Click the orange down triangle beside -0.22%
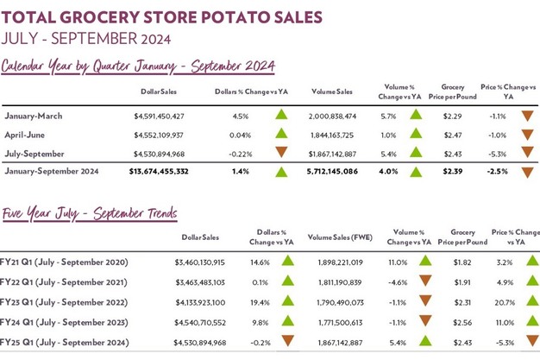pos(281,154)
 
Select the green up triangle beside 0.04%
pos(281,135)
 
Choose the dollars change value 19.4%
pos(259,301)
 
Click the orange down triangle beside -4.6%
pos(424,281)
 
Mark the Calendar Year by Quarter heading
pos(138,66)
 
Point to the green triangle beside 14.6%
pos(288,260)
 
